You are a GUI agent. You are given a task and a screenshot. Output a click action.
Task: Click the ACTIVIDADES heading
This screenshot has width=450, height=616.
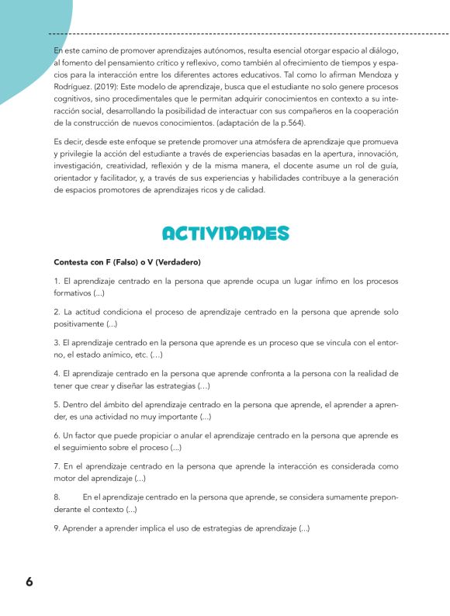point(225,234)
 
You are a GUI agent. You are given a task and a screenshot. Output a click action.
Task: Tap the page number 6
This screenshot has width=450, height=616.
point(29,582)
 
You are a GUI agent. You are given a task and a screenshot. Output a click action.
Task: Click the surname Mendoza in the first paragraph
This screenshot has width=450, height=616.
point(379,75)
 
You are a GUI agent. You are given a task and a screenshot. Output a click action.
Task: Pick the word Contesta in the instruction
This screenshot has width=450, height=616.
point(71,261)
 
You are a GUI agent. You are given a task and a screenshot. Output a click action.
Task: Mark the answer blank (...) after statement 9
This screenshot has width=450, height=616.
point(304,528)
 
